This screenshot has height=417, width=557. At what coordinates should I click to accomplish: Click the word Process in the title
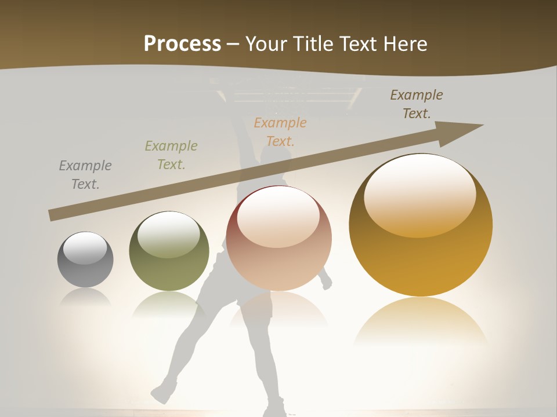182,44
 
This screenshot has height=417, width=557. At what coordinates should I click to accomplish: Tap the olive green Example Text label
171,155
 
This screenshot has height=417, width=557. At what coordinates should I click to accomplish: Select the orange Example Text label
280,131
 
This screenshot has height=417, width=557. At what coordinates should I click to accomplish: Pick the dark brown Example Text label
417,104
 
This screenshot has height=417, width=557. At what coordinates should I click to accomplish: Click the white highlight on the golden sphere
419,194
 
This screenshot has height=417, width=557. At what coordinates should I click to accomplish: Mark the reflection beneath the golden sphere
421,321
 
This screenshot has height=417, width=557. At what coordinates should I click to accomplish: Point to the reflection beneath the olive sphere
169,305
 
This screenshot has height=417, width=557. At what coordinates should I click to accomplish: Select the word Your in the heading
264,44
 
